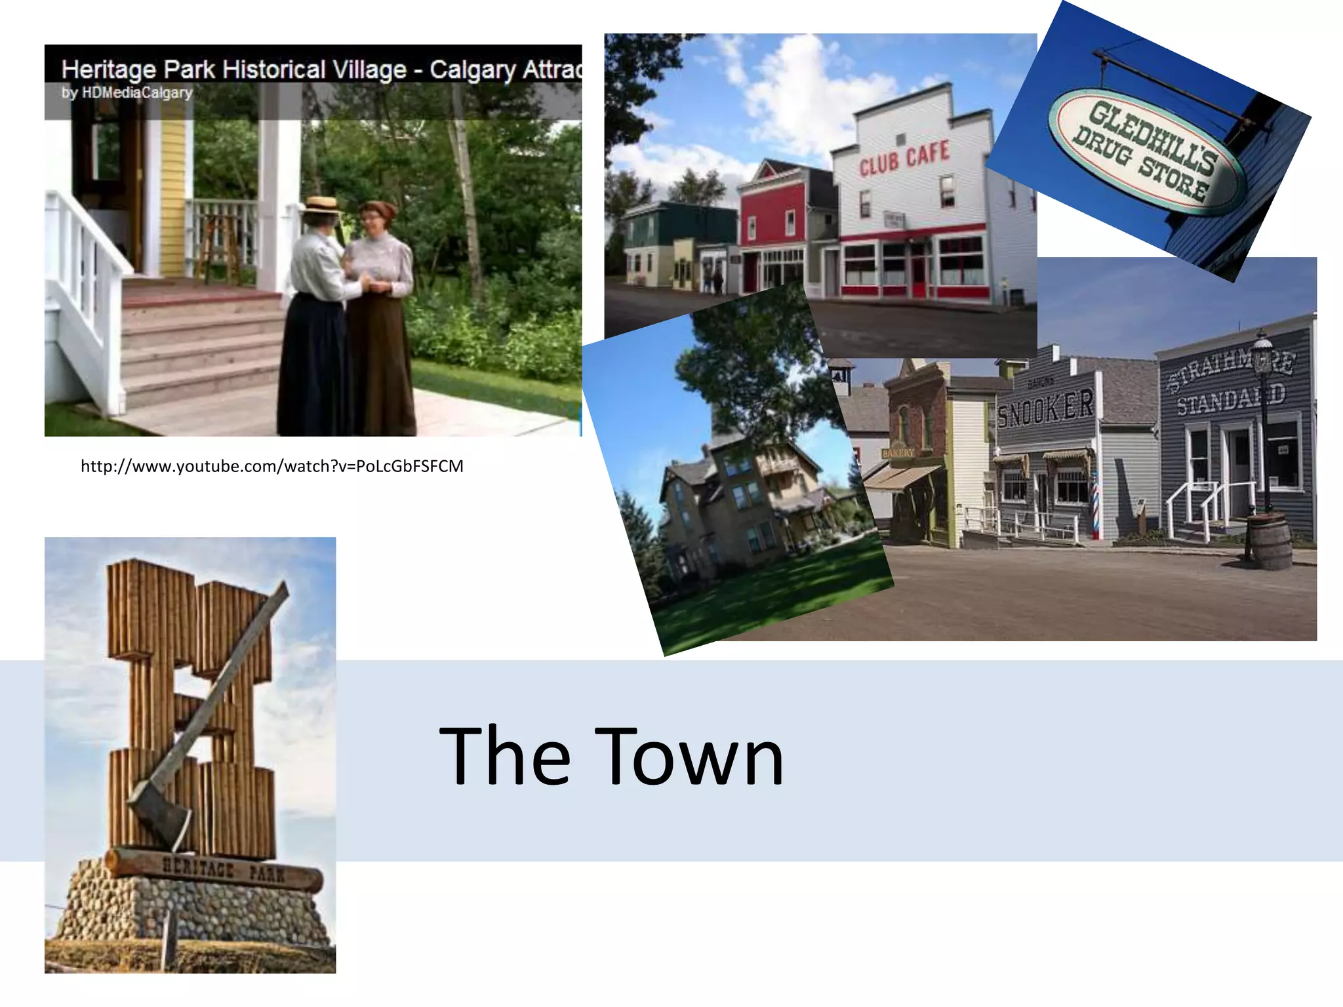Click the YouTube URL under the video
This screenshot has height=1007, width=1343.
(271, 466)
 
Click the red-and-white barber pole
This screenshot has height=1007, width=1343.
(1094, 502)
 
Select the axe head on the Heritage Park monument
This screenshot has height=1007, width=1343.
(159, 813)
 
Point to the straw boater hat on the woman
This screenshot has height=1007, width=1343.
(321, 205)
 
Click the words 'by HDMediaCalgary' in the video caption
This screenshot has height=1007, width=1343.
(127, 92)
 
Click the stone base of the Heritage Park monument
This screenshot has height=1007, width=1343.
(190, 911)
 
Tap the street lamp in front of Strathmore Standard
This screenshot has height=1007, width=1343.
(1263, 420)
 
